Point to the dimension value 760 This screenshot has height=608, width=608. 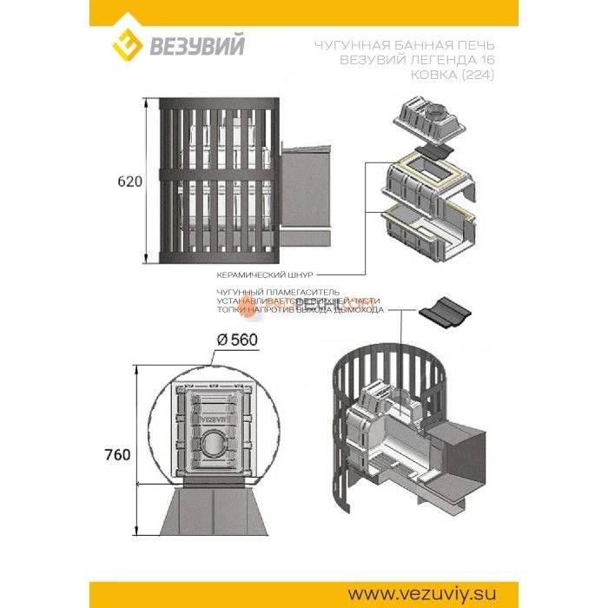click(118, 454)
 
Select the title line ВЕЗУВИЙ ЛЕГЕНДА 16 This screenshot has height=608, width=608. click(414, 61)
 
